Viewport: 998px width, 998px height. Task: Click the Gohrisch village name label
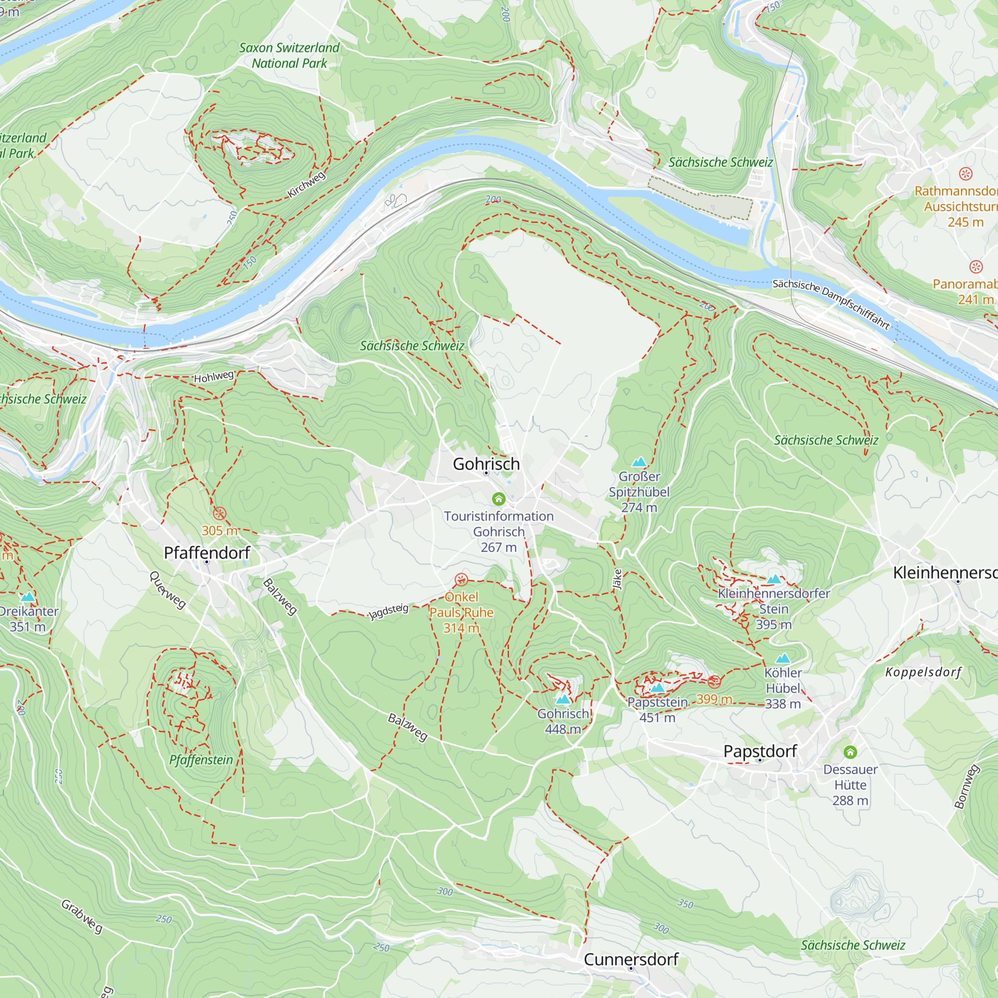click(486, 464)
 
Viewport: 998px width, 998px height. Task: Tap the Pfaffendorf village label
click(207, 553)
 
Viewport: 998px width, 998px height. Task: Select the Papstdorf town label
click(760, 751)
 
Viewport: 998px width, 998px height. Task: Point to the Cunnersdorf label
click(631, 959)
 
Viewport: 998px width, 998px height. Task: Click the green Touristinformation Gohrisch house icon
click(499, 499)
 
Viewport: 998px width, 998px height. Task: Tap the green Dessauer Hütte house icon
click(850, 752)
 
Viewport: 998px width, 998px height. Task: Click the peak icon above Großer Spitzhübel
click(639, 461)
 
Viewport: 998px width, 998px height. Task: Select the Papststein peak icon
click(657, 688)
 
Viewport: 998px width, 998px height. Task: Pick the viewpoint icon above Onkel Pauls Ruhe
click(461, 579)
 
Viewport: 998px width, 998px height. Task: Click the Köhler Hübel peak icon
click(783, 658)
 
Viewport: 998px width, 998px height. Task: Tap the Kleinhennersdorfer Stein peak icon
click(773, 579)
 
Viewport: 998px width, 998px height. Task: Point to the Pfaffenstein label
click(201, 760)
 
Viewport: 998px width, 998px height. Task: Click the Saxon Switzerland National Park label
click(289, 55)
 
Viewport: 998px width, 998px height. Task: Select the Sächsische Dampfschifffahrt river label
click(831, 304)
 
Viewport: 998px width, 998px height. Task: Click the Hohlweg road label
click(214, 377)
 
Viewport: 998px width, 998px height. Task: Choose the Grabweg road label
click(82, 916)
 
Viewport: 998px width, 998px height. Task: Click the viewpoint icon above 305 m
click(220, 513)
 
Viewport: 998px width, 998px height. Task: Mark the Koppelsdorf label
click(923, 672)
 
